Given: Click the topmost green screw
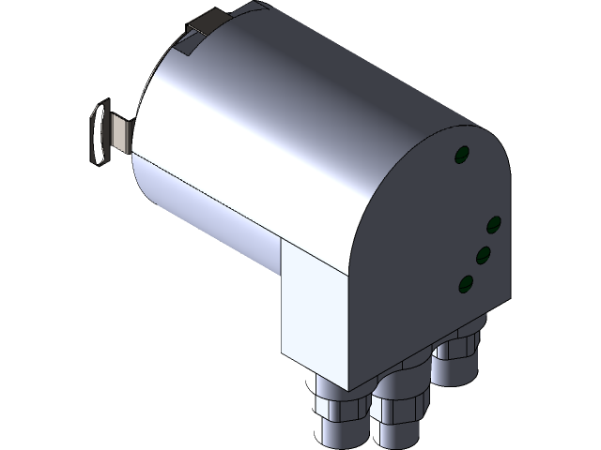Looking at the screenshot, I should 462,155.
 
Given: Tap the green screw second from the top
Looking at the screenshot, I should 494,224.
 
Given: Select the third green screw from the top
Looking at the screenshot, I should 483,253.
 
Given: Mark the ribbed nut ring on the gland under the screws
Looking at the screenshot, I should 457,352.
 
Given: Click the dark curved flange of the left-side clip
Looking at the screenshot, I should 97,135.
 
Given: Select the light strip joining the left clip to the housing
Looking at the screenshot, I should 120,132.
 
